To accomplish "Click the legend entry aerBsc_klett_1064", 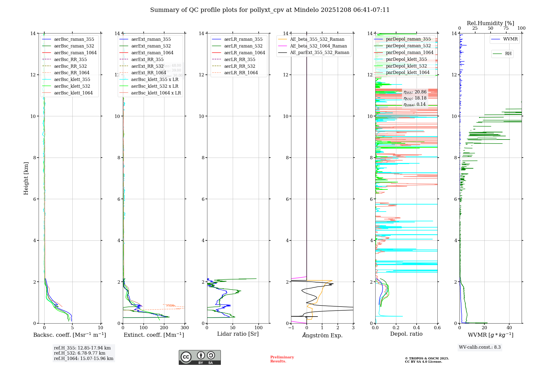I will tap(73, 93).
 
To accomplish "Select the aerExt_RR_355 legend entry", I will tap(147, 59).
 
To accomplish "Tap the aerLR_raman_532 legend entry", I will tap(243, 46).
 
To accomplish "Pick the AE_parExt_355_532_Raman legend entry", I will tap(319, 52).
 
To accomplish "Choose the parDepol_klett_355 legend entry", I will tap(406, 59).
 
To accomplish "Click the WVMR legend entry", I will tap(510, 39).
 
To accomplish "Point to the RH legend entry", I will tap(508, 54).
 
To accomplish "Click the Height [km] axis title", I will tap(26, 178).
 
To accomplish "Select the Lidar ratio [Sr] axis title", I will tap(238, 334).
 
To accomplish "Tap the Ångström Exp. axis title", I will tap(322, 335).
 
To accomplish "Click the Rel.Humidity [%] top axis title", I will tap(490, 23).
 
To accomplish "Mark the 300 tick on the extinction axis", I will tap(185, 328).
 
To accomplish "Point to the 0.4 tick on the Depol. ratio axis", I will tap(417, 328).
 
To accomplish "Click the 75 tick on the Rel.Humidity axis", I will tap(506, 28).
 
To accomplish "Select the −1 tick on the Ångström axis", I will tap(291, 328).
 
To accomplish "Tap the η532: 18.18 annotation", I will tap(415, 98).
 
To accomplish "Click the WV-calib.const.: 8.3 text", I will tap(480, 347).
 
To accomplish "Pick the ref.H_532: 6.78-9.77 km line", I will tap(80, 353).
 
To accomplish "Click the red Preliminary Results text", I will tap(282, 359).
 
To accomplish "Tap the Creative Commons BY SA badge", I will tap(200, 358).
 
